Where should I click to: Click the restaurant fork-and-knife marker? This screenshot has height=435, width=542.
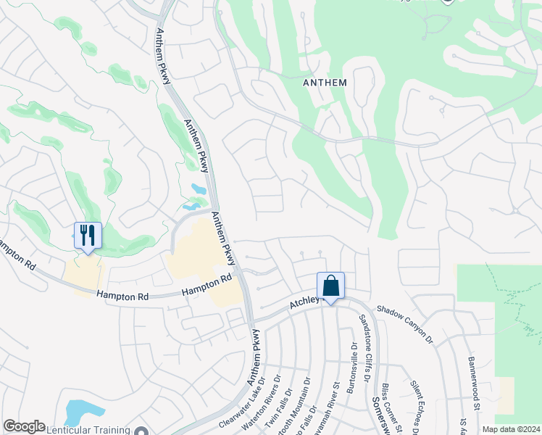[x=88, y=235]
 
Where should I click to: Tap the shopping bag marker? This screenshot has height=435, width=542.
[x=330, y=285]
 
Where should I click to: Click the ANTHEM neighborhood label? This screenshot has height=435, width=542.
[x=324, y=83]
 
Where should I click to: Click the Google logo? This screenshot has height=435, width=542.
[x=25, y=426]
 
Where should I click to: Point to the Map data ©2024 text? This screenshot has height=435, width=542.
[x=511, y=429]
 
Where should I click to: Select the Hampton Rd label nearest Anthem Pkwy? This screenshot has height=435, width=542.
[x=205, y=287]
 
